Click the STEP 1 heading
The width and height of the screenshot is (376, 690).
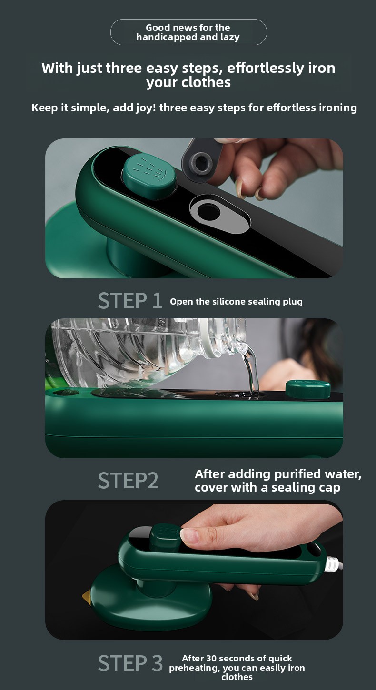pyautogui.click(x=130, y=301)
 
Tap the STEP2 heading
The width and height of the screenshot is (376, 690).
pyautogui.click(x=128, y=480)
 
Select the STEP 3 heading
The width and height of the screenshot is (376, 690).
pyautogui.click(x=130, y=663)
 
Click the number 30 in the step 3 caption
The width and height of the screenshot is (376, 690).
pyautogui.click(x=211, y=658)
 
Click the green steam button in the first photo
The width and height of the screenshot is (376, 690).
pyautogui.click(x=149, y=177)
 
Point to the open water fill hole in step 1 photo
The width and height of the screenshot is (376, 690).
pyautogui.click(x=209, y=212)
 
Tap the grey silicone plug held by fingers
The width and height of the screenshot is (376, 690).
pyautogui.click(x=201, y=161)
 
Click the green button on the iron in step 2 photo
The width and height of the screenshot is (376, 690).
pyautogui.click(x=308, y=389)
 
